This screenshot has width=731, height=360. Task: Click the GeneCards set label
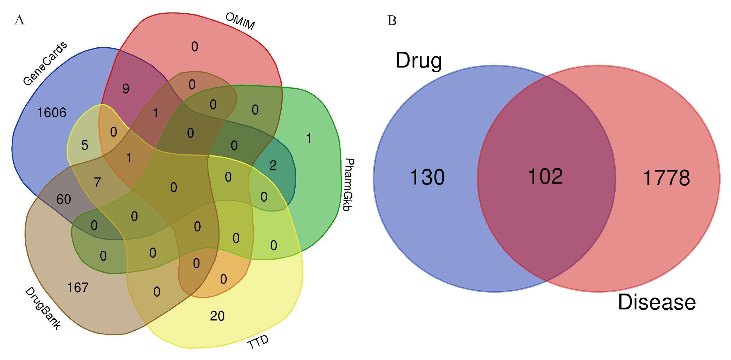click(45, 64)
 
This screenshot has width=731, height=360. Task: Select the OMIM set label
click(240, 21)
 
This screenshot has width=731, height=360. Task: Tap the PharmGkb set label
click(348, 185)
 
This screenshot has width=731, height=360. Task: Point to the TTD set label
click(258, 342)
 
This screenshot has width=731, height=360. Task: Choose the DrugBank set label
click(43, 308)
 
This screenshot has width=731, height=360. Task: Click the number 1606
click(52, 113)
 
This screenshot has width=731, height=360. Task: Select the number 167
click(78, 288)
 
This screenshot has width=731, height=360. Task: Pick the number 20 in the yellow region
click(217, 316)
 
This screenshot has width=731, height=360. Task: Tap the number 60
click(64, 199)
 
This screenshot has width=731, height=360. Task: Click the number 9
click(126, 89)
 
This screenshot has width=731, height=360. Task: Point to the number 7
click(97, 182)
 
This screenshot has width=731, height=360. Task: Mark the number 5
click(85, 145)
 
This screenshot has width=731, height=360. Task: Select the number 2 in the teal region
click(273, 166)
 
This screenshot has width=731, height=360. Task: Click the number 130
click(427, 177)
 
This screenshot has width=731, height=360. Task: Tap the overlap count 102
click(545, 176)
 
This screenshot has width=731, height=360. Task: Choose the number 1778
click(666, 178)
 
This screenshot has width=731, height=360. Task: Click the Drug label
click(419, 61)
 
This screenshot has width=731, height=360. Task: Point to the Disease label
click(657, 302)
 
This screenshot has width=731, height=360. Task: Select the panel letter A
click(19, 20)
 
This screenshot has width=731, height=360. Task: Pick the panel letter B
click(392, 21)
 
